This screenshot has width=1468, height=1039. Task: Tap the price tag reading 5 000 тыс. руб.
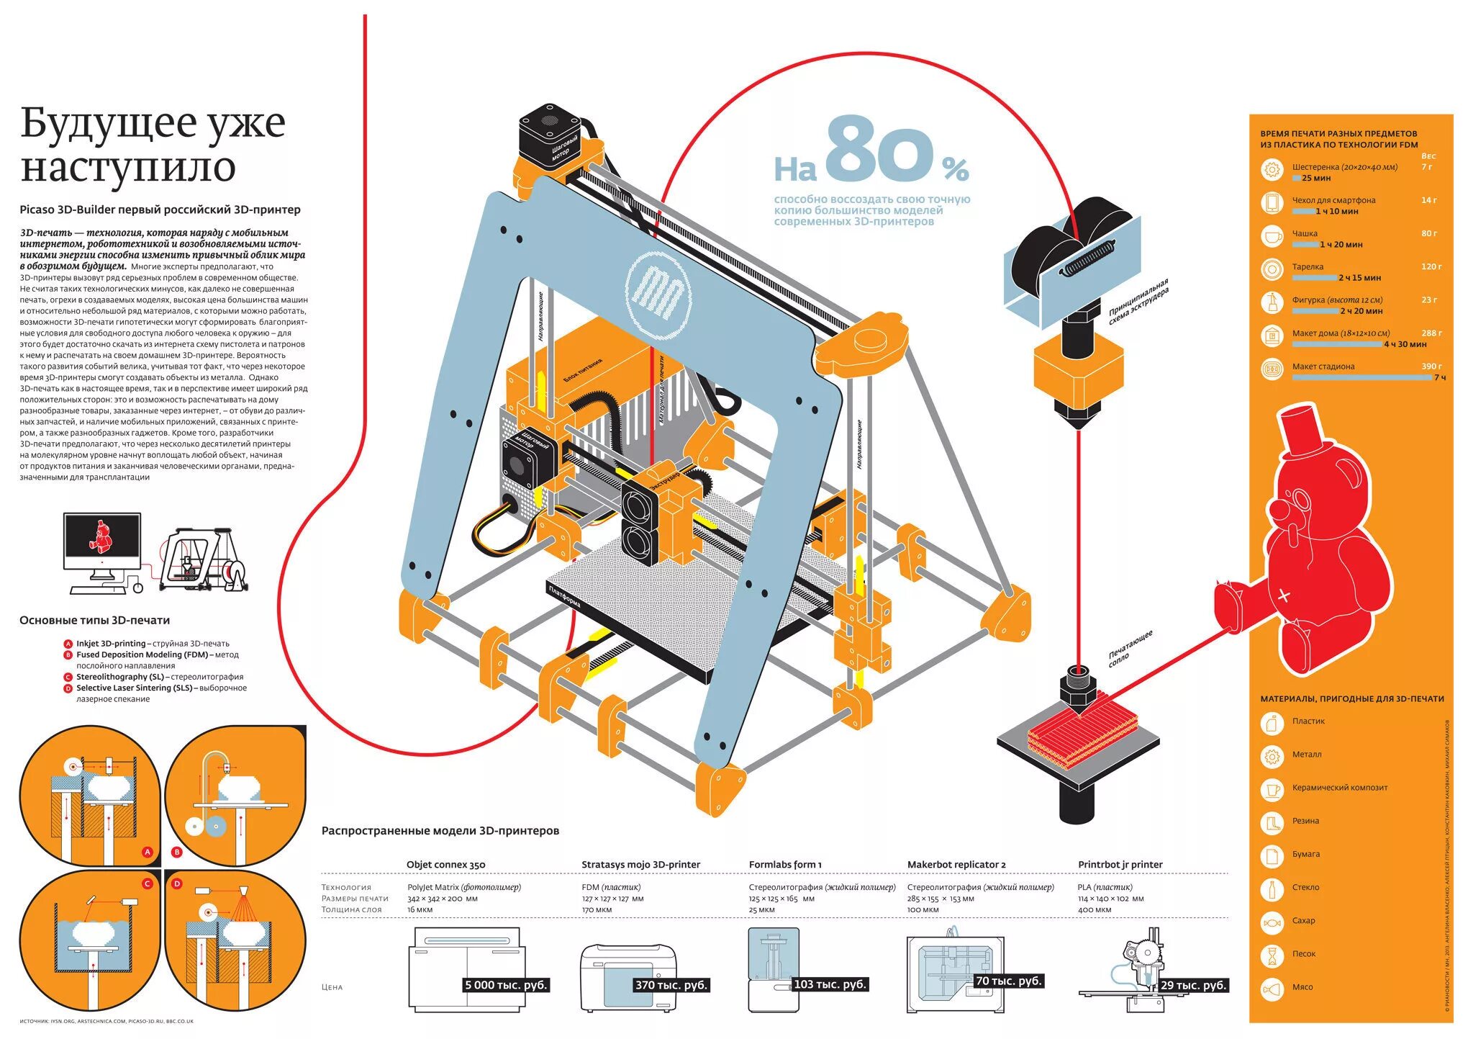(x=507, y=985)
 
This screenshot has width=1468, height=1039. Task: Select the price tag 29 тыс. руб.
(x=1193, y=985)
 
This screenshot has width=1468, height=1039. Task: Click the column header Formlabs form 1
(x=785, y=865)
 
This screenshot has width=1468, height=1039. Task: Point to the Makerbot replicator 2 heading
(x=956, y=865)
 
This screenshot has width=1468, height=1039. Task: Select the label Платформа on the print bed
(x=565, y=597)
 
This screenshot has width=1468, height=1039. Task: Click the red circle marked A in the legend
(x=68, y=644)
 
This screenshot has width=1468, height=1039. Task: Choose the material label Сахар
(x=1303, y=920)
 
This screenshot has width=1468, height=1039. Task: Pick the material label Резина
(x=1305, y=821)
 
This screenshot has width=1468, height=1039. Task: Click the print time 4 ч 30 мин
(x=1405, y=344)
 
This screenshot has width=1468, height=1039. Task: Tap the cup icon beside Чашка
(x=1272, y=236)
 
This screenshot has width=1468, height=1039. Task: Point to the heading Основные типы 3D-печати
(x=94, y=620)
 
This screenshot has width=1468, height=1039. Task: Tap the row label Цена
(x=332, y=987)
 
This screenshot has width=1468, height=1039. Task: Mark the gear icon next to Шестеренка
(x=1272, y=170)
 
